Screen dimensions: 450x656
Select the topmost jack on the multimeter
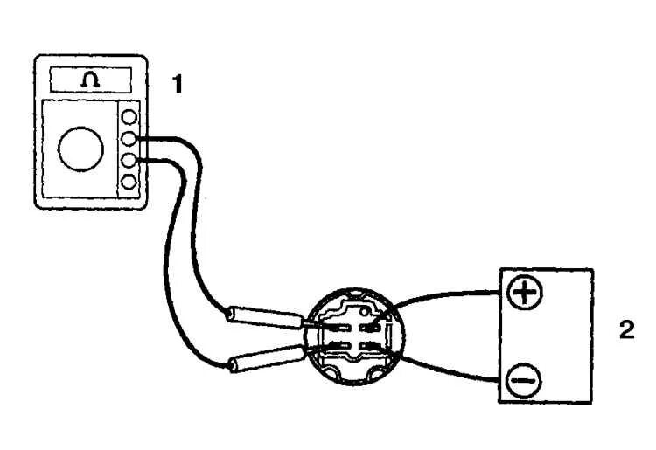(129, 116)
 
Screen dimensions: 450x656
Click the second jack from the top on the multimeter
(129, 138)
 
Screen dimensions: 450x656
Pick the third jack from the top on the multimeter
(129, 160)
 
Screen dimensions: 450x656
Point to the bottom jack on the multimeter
(129, 182)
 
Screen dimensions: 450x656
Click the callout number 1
(178, 84)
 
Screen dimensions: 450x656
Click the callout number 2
(626, 329)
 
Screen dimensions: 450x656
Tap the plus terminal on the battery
(525, 293)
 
